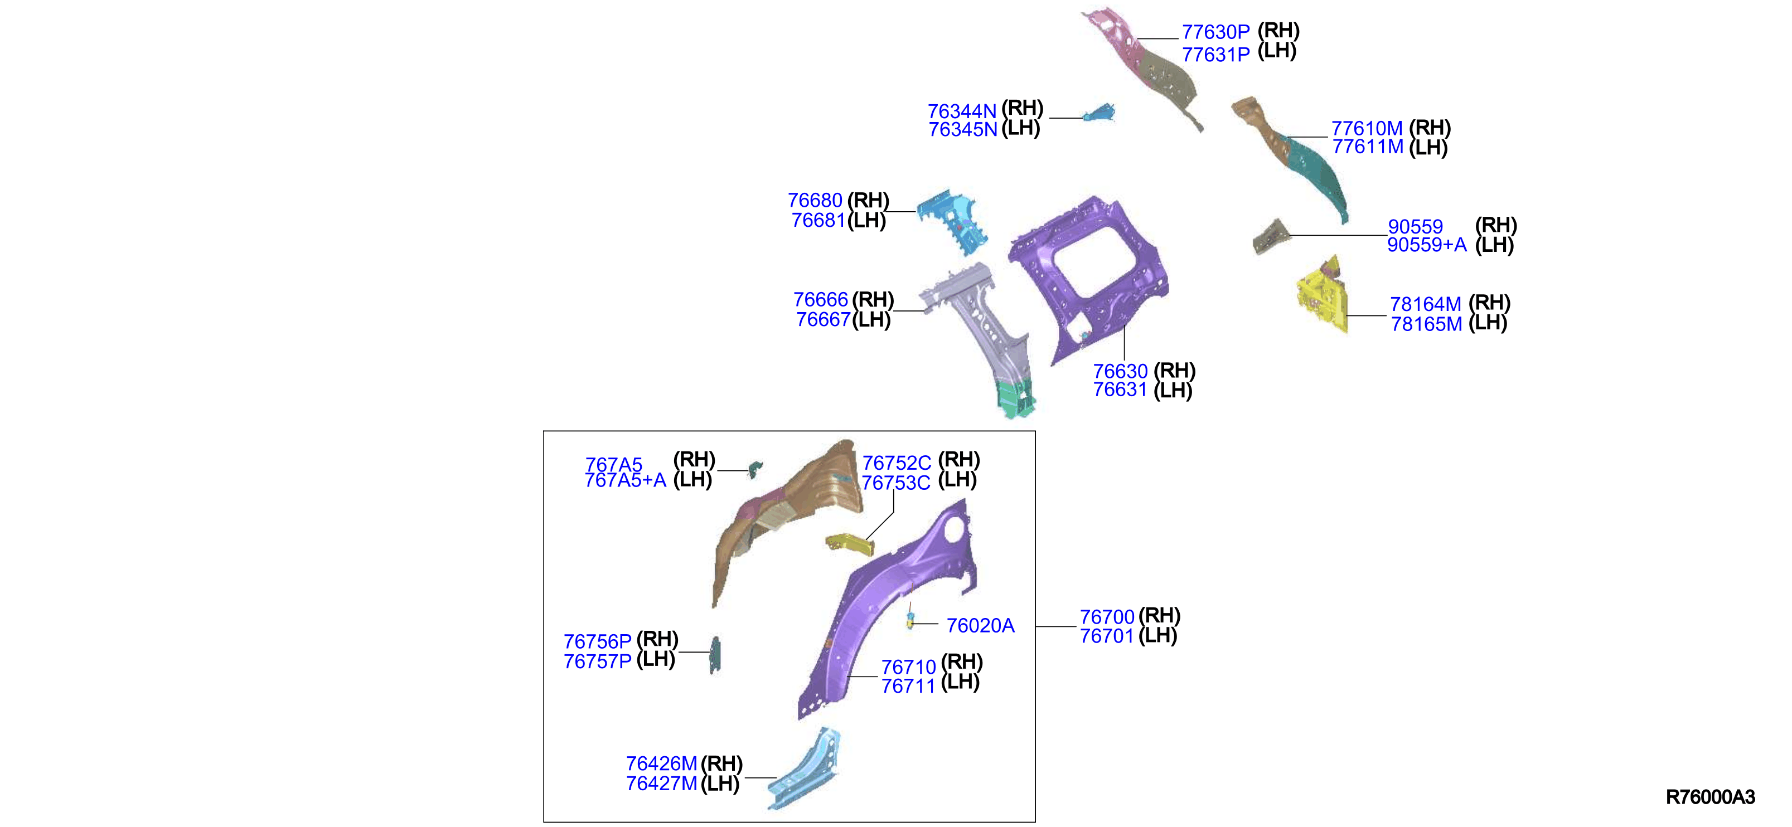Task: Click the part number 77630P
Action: (x=1215, y=32)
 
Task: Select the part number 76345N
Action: (x=963, y=129)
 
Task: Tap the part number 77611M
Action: (x=1368, y=147)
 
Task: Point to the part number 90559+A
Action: (x=1427, y=245)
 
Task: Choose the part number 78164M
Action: (x=1425, y=304)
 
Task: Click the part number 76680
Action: (x=815, y=200)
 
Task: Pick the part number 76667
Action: (x=824, y=319)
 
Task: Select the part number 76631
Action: (x=1120, y=390)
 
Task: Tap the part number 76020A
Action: (x=980, y=626)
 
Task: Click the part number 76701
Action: (x=1107, y=636)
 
